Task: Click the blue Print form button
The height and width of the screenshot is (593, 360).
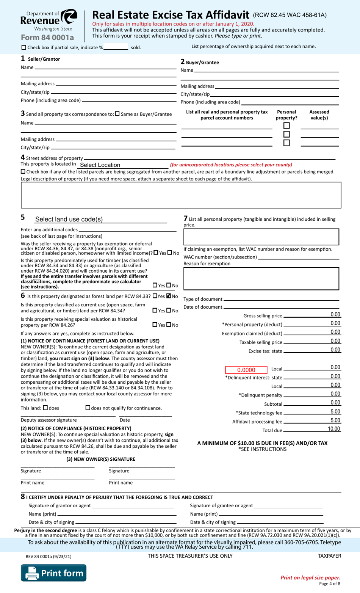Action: pyautogui.click(x=53, y=573)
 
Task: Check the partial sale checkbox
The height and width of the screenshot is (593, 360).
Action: pyautogui.click(x=24, y=48)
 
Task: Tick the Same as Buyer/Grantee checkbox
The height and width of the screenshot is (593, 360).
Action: pyautogui.click(x=117, y=114)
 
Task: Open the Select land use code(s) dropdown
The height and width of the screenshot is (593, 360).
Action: pyautogui.click(x=100, y=219)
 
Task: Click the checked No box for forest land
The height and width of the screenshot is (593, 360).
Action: pyautogui.click(x=169, y=296)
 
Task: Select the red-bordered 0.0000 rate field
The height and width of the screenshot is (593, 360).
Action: pyautogui.click(x=246, y=370)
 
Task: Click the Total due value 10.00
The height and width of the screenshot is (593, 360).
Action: pyautogui.click(x=333, y=429)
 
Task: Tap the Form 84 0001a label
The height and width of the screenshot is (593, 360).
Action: pyautogui.click(x=47, y=38)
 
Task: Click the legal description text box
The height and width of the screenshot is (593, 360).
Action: pyautogui.click(x=181, y=195)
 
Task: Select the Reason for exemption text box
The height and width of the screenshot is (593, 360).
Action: pyautogui.click(x=261, y=279)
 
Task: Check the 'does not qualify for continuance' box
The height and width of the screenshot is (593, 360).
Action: pyautogui.click(x=88, y=408)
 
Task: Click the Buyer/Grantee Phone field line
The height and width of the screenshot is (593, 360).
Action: pyautogui.click(x=290, y=102)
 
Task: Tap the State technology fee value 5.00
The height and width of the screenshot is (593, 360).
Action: pyautogui.click(x=335, y=412)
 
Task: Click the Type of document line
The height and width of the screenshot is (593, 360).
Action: pyautogui.click(x=281, y=299)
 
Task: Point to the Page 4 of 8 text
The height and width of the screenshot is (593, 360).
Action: pyautogui.click(x=329, y=584)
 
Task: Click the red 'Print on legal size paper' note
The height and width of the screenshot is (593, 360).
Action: pyautogui.click(x=310, y=577)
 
